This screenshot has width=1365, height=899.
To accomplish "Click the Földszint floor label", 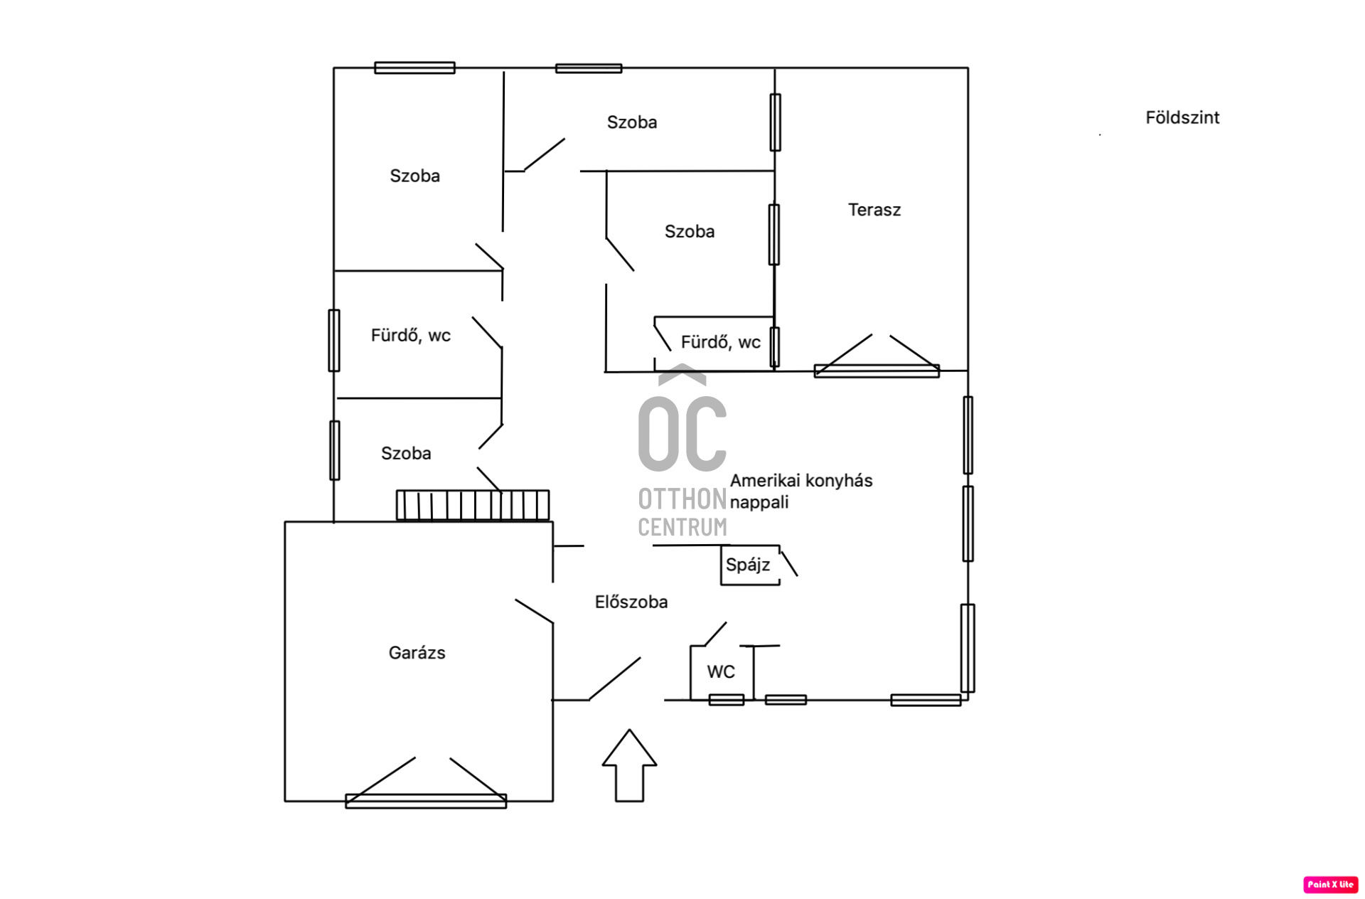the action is click(x=1182, y=117).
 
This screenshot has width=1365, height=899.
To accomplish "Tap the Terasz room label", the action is click(x=874, y=210).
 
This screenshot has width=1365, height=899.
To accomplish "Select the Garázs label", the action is click(x=417, y=653).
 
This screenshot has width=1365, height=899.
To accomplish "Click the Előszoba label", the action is click(x=631, y=602).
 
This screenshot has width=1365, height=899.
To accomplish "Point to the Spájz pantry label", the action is click(x=748, y=565).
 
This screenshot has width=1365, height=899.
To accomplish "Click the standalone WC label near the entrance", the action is click(x=721, y=671).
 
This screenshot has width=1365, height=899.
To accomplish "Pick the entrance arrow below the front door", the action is click(x=629, y=765).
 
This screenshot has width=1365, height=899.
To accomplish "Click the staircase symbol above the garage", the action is click(x=473, y=505).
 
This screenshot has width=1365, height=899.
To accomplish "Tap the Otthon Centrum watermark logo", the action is click(x=682, y=451).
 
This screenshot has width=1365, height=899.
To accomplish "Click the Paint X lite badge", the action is click(x=1331, y=884).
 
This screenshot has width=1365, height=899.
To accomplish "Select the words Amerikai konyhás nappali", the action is click(x=801, y=491).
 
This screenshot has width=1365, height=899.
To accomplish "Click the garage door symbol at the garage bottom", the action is click(x=426, y=783).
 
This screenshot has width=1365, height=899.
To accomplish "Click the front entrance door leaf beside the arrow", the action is click(x=614, y=679).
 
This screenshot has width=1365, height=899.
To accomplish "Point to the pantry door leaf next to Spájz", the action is click(x=788, y=562).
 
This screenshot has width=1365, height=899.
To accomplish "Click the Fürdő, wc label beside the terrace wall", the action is click(x=721, y=342).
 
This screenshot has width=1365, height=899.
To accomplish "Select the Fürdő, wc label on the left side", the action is click(x=411, y=335).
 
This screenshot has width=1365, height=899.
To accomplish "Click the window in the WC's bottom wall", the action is click(x=727, y=700).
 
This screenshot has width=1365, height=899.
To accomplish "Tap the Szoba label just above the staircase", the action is click(x=406, y=453).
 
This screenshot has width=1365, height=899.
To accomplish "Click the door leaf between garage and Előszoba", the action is click(x=534, y=612).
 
